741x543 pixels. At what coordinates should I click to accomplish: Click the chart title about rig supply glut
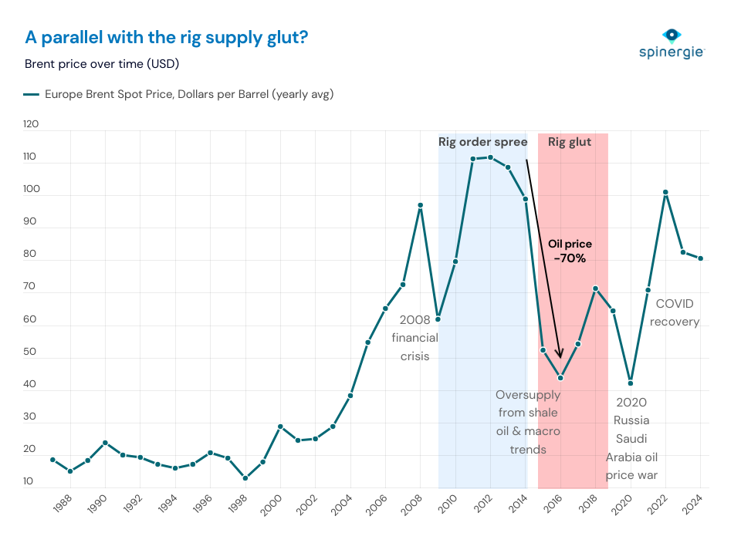click(x=167, y=37)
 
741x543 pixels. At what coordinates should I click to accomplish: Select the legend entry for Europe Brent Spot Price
click(x=179, y=95)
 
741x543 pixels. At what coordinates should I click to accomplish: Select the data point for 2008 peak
click(x=421, y=205)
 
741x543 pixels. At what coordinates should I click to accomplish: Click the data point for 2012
click(x=490, y=157)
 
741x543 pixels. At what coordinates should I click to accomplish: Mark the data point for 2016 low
click(x=560, y=378)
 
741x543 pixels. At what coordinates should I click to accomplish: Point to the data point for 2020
click(x=631, y=383)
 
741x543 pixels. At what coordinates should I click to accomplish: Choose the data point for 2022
click(x=665, y=192)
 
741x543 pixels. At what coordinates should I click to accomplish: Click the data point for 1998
click(x=245, y=478)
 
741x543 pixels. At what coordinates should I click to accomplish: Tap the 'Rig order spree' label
click(x=482, y=142)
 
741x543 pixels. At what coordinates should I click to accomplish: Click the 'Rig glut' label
click(x=570, y=142)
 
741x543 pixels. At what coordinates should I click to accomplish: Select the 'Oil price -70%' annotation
click(x=570, y=251)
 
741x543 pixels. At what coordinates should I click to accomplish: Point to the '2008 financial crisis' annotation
click(x=414, y=337)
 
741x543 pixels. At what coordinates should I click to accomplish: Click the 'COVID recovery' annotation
click(x=674, y=312)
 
